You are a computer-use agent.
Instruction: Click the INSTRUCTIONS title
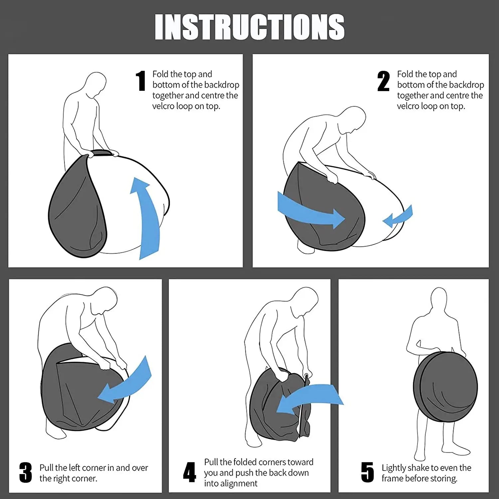249,27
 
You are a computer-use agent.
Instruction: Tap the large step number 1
141,81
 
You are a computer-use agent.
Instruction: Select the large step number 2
384,81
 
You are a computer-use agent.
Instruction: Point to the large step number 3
26,472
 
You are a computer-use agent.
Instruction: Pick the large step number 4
189,472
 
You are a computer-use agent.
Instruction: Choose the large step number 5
368,472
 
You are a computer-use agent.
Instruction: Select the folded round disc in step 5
445,387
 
